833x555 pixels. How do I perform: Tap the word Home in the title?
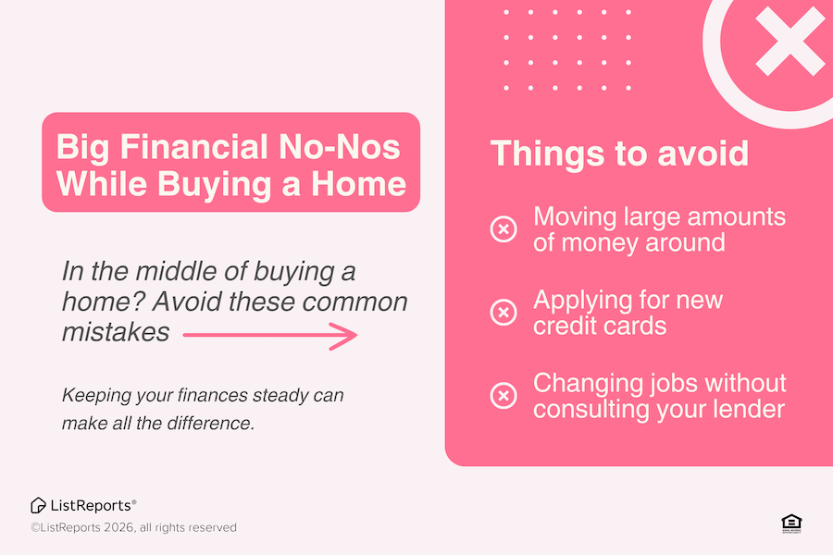click(x=358, y=184)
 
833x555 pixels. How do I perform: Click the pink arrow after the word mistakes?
click(x=270, y=336)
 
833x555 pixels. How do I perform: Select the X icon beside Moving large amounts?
click(x=504, y=229)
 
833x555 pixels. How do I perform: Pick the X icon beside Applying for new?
click(x=504, y=313)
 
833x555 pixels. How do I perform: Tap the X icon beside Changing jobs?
click(x=504, y=396)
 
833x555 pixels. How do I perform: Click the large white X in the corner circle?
click(x=790, y=41)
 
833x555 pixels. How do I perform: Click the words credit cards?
click(x=600, y=326)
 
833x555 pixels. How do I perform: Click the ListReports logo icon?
click(x=38, y=506)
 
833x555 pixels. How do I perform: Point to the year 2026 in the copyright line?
click(x=119, y=527)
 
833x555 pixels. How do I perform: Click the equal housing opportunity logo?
click(x=791, y=524)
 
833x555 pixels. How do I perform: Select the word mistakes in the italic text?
click(x=116, y=332)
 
